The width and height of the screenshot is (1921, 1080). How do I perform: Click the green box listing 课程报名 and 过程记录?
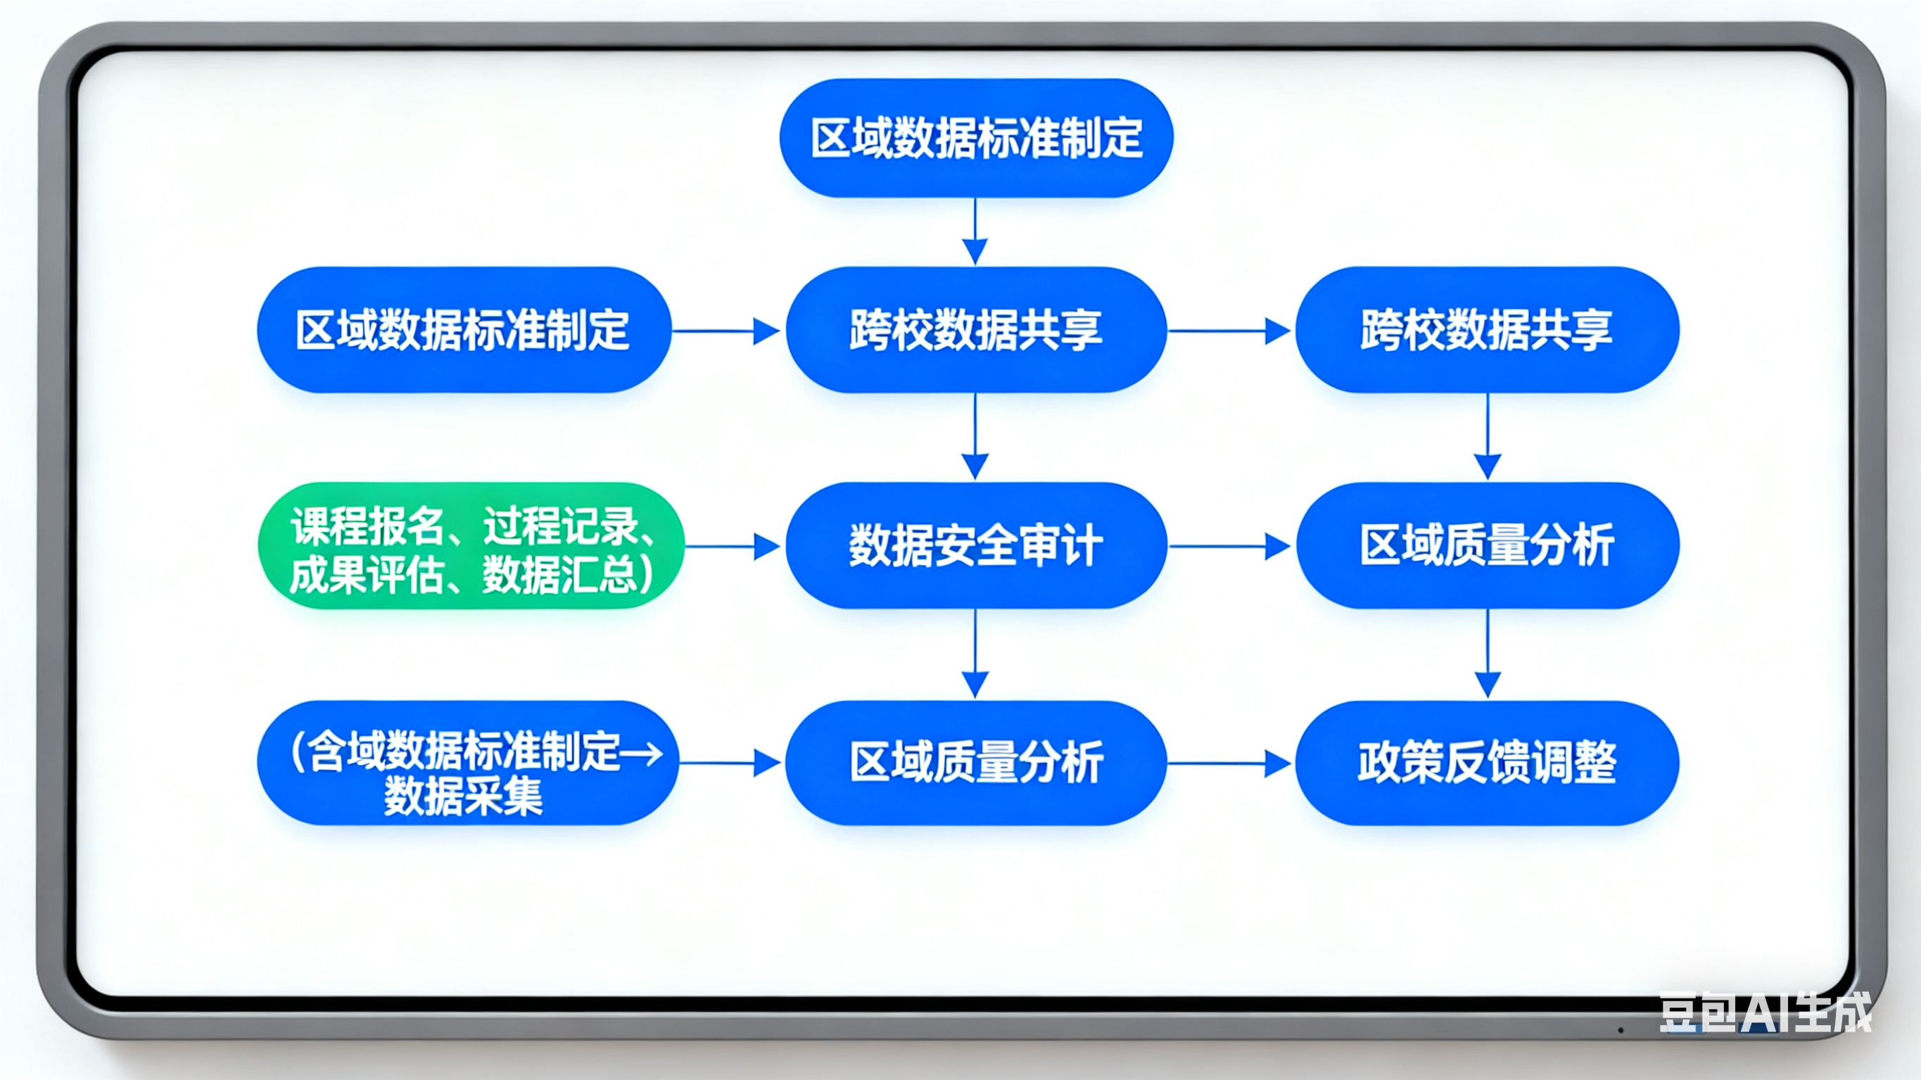[471, 546]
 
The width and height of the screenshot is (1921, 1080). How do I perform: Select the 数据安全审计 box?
[975, 546]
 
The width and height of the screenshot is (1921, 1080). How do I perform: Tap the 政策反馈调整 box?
[1487, 763]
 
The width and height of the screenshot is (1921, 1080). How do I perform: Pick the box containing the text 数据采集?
[467, 763]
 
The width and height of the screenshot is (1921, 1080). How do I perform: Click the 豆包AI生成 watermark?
[1764, 1012]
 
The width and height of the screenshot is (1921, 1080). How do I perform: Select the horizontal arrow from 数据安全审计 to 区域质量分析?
[1229, 547]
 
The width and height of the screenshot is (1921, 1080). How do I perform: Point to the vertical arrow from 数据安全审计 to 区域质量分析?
[975, 654]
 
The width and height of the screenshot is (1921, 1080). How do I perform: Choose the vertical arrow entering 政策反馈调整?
[1488, 654]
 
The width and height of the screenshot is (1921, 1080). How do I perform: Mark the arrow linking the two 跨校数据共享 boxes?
[1229, 331]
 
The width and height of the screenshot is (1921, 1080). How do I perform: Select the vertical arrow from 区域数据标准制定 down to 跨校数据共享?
[975, 231]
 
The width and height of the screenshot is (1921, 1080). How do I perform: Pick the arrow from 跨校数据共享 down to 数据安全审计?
[975, 436]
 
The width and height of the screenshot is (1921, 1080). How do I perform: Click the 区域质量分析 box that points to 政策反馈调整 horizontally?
[975, 763]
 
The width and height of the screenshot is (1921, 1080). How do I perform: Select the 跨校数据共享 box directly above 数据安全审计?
[975, 330]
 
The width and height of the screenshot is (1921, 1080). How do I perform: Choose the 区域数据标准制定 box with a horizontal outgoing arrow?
[463, 330]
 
